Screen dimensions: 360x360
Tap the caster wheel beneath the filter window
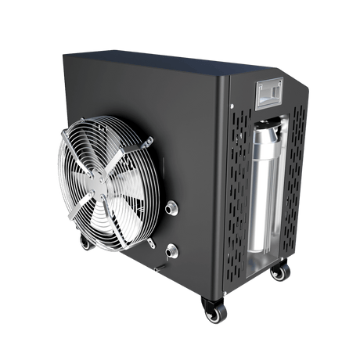tap(279, 272)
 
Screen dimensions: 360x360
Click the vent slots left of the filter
tap(239, 188)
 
